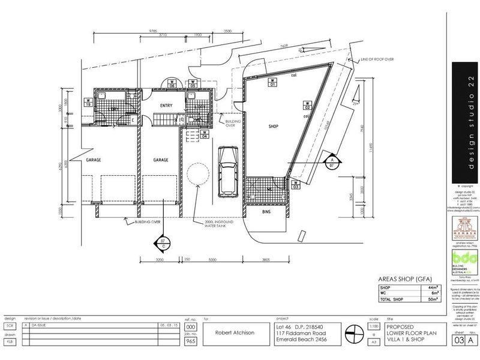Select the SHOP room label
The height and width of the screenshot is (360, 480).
274,127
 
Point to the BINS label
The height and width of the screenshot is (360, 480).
266,212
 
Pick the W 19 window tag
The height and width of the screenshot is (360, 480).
88,101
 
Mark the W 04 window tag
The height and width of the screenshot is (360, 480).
205,134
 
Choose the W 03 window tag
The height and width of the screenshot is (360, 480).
296,185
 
